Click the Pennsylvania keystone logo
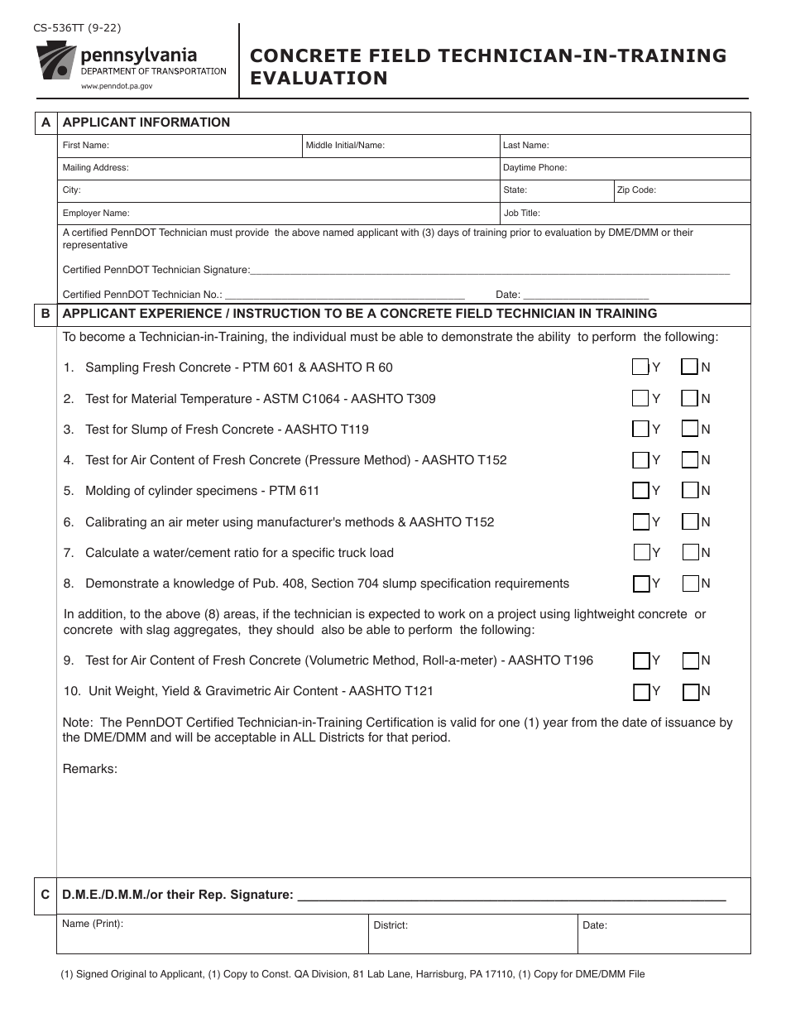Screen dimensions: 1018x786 (55, 63)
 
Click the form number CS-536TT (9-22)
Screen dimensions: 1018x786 (77, 27)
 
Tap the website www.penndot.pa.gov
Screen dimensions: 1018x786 (117, 86)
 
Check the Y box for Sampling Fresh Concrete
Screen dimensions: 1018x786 (640, 367)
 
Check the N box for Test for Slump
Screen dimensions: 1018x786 (690, 429)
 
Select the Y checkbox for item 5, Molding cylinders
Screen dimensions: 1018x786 (640, 491)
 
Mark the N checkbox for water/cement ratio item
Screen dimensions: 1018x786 (690, 552)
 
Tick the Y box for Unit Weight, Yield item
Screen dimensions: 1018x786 (641, 691)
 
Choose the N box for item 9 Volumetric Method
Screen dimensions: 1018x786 (691, 660)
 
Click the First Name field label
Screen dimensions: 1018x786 (85, 146)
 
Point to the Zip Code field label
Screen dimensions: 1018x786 (636, 190)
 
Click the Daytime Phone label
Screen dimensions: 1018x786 (534, 168)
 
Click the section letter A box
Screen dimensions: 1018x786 (46, 122)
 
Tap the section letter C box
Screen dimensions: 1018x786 (46, 895)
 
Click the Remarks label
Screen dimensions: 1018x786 (90, 769)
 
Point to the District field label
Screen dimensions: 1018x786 (391, 925)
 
